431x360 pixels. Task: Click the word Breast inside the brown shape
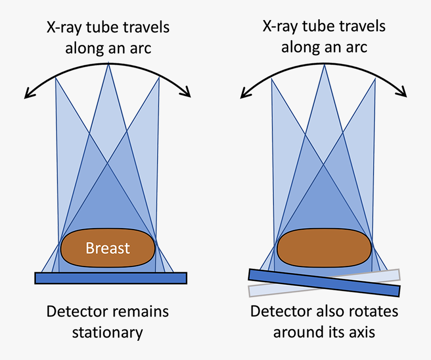click(x=108, y=248)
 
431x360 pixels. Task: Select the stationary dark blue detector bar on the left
click(x=111, y=278)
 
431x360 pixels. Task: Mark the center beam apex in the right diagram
click(x=325, y=64)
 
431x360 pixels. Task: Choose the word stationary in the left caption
click(x=108, y=332)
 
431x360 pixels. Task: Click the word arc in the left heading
click(x=141, y=48)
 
